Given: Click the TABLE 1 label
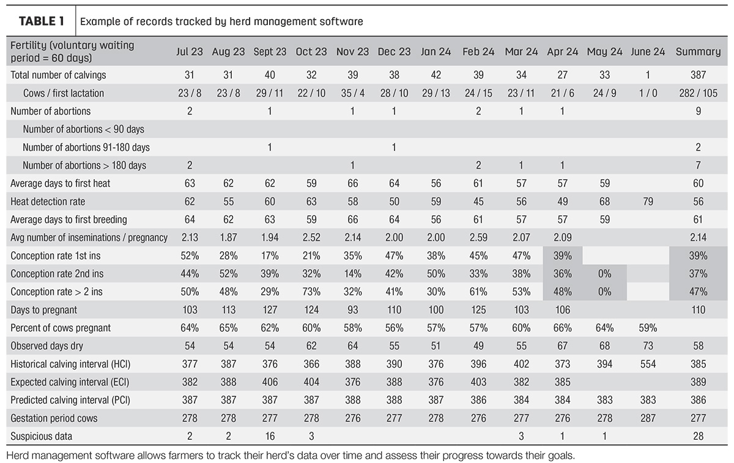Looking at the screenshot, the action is [42, 21].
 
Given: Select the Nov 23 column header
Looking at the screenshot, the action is [352, 52].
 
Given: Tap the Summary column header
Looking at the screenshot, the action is [698, 52].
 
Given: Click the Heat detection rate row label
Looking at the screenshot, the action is [48, 201].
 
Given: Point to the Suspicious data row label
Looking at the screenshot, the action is [42, 436].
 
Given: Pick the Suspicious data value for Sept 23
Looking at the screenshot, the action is [270, 436].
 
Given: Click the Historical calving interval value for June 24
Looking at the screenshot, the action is [648, 364].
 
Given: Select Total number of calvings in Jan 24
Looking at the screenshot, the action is [436, 75].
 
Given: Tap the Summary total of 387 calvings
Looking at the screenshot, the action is [698, 75].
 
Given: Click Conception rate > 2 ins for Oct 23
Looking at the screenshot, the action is [311, 292].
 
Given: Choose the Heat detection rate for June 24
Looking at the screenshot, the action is [648, 201].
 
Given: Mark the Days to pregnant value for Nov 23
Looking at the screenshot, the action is [352, 309].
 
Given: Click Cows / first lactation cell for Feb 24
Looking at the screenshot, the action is [478, 93].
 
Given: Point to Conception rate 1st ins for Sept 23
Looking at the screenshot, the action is [270, 256].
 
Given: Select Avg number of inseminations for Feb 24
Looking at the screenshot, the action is [478, 237].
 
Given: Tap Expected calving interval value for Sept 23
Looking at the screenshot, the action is [270, 382].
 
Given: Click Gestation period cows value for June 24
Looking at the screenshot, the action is [648, 418].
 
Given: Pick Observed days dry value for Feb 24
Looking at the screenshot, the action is [478, 346].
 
